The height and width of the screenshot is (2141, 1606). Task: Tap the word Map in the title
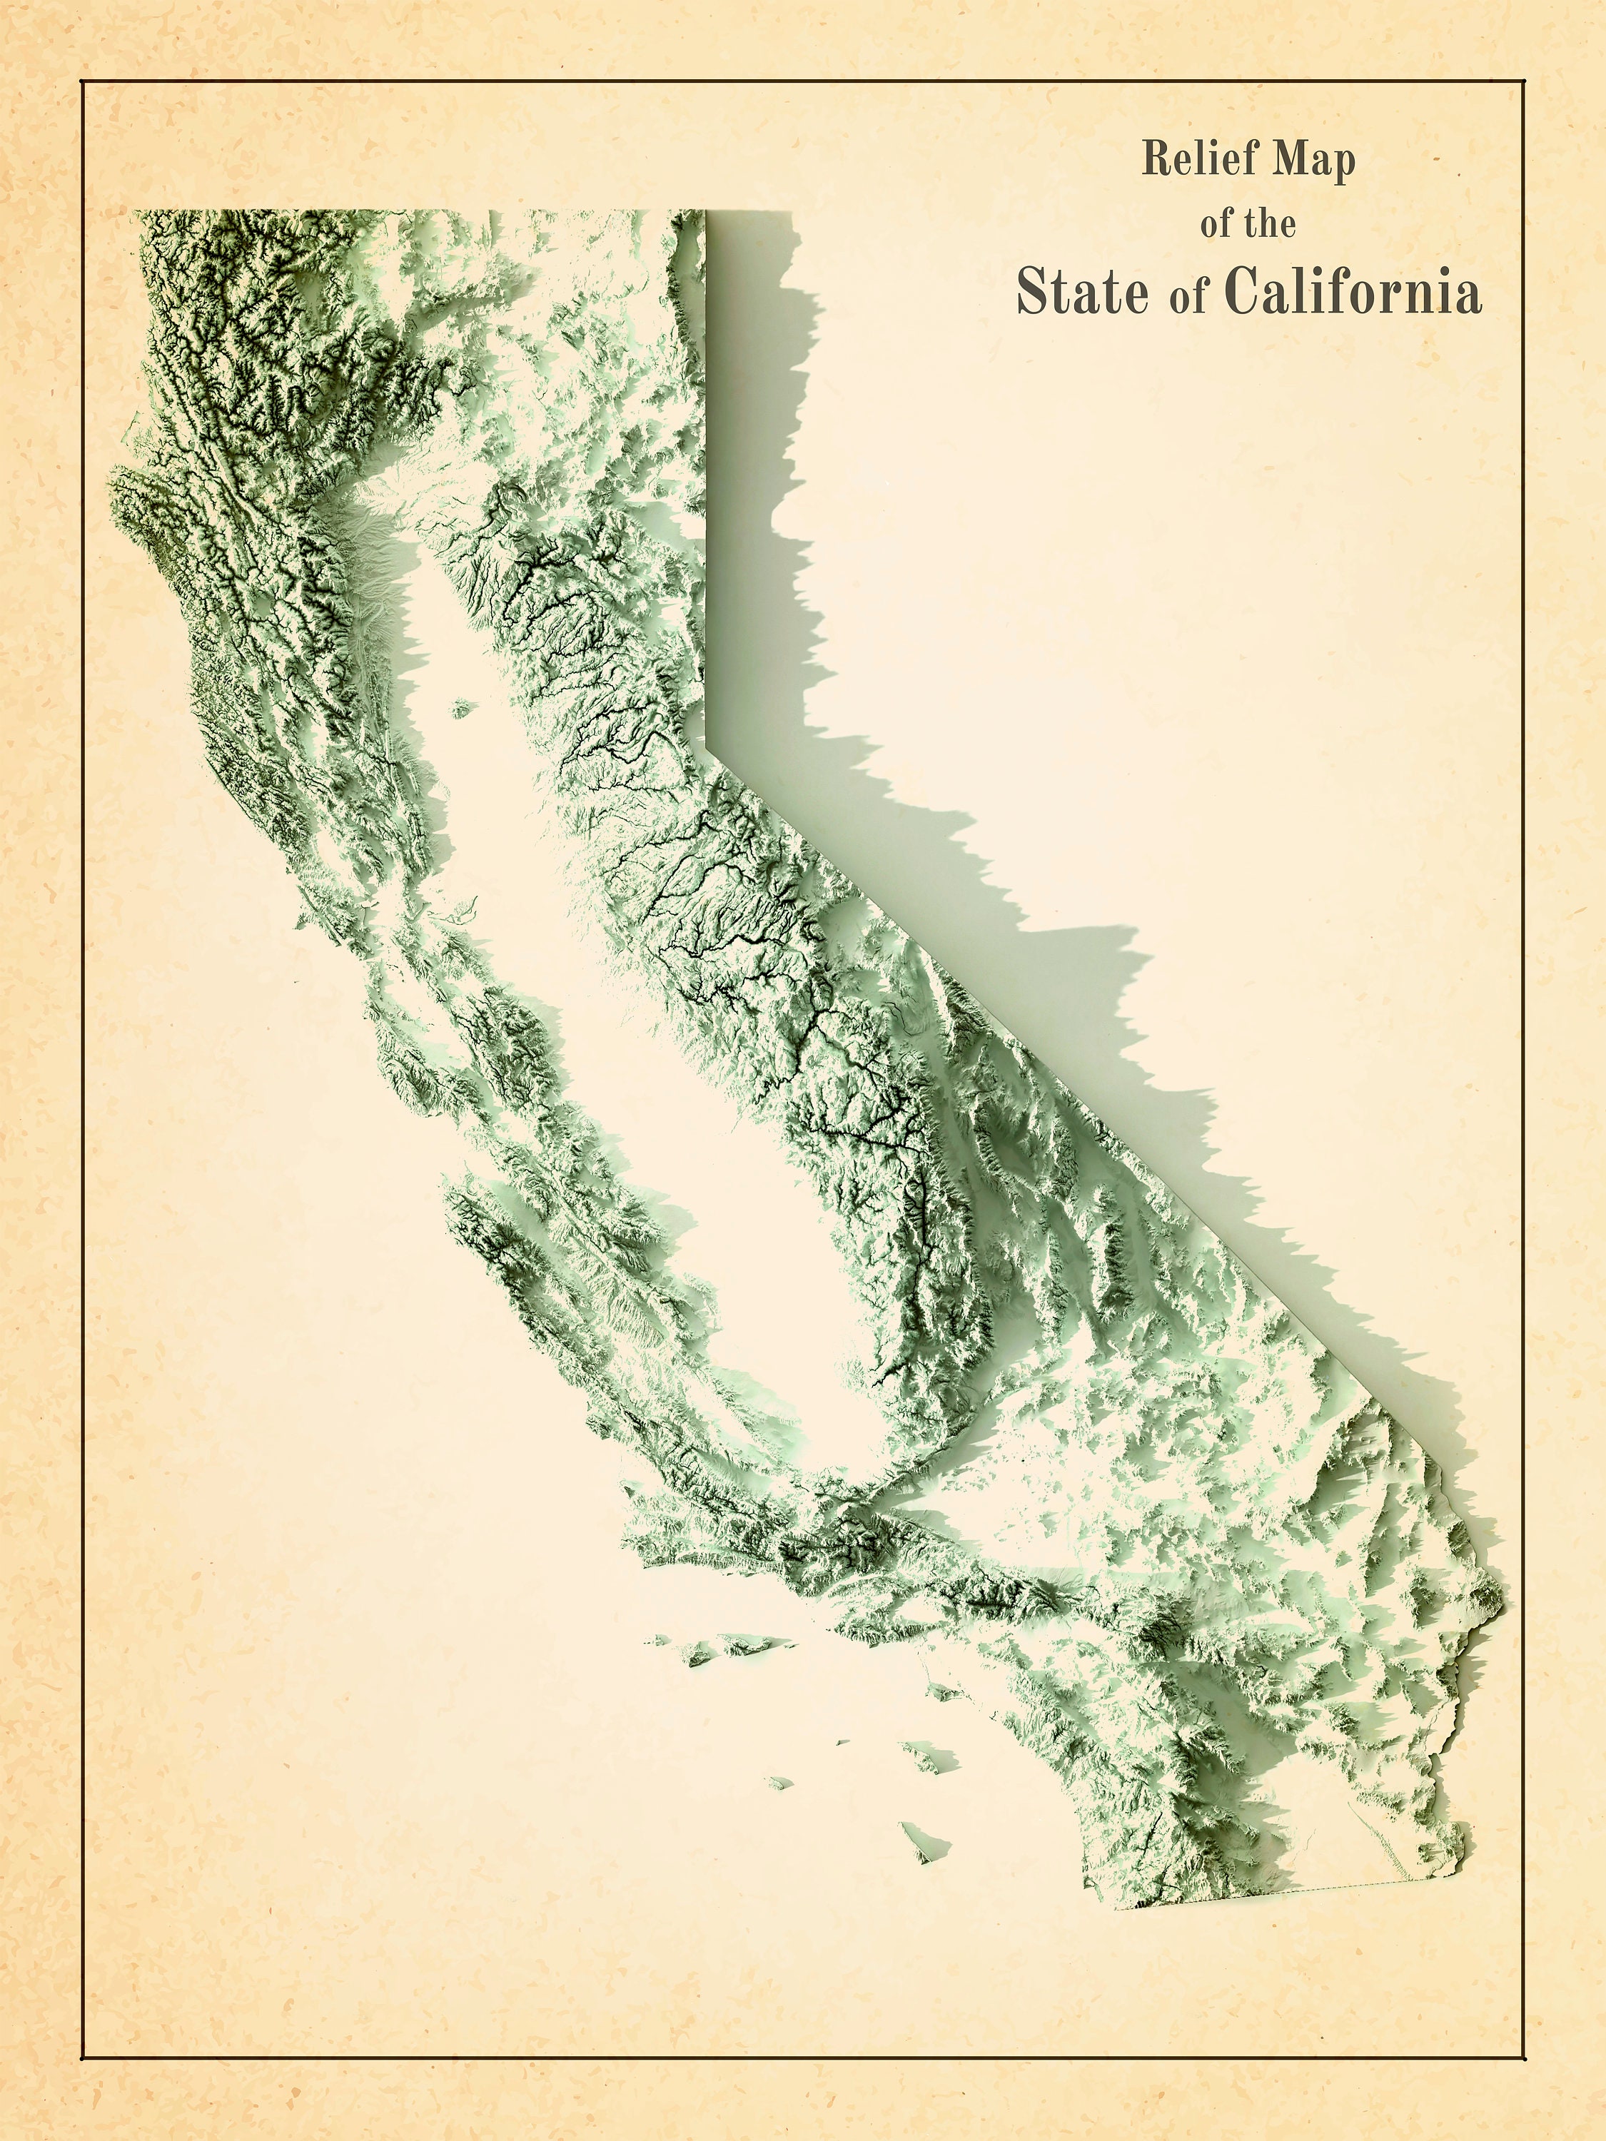pyautogui.click(x=1313, y=160)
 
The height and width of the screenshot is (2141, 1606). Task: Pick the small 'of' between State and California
pyautogui.click(x=1188, y=297)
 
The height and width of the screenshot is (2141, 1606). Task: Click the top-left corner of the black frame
pyautogui.click(x=81, y=82)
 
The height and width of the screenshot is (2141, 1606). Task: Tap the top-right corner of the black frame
pyautogui.click(x=1525, y=82)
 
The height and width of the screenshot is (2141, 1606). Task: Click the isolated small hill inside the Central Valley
pyautogui.click(x=462, y=709)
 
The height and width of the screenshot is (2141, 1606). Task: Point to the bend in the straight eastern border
pyautogui.click(x=707, y=744)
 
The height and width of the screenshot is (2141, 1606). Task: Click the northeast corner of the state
pyautogui.click(x=704, y=212)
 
